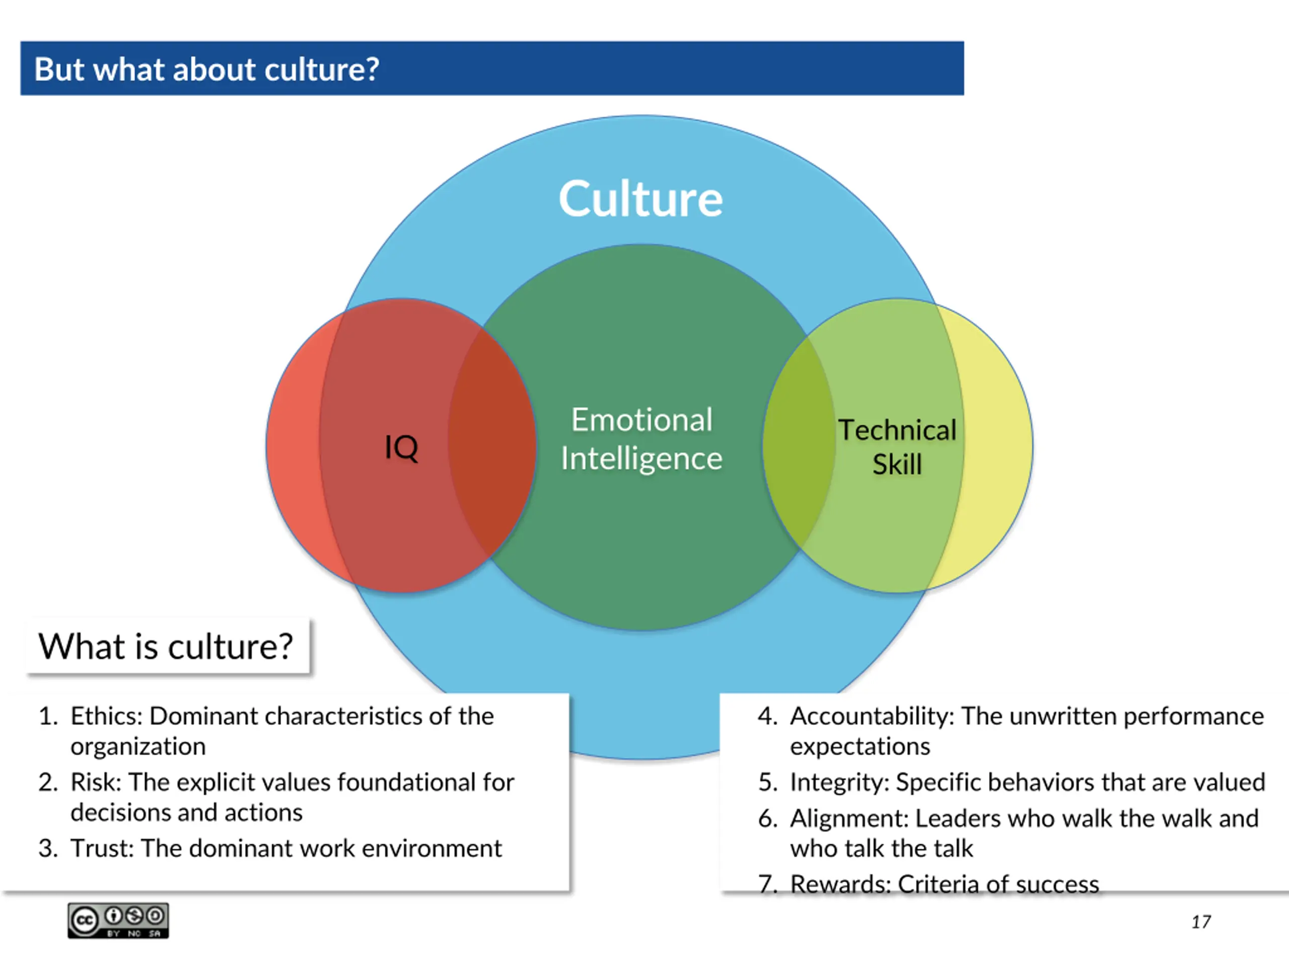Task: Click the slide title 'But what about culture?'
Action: [x=206, y=69]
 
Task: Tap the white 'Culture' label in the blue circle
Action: [x=640, y=199]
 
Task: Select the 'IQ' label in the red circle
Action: [x=401, y=447]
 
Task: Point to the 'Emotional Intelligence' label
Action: [x=641, y=439]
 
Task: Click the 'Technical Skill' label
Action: [x=897, y=447]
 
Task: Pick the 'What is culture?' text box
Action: [x=166, y=647]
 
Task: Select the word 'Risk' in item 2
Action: [x=95, y=782]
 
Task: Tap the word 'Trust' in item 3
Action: [x=102, y=848]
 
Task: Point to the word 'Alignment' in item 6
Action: [x=849, y=819]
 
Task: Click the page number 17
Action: [x=1200, y=922]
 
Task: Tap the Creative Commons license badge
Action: [x=118, y=921]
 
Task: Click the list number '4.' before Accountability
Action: [x=768, y=716]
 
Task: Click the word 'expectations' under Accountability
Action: [x=860, y=747]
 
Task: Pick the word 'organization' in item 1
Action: [x=138, y=747]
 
